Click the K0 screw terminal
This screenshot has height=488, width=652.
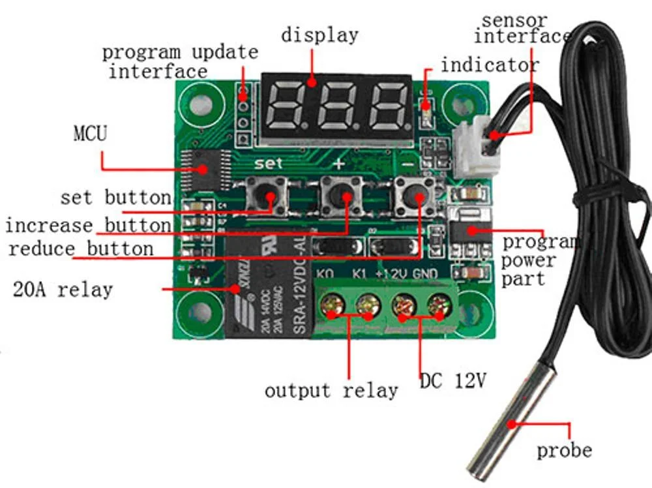coord(333,305)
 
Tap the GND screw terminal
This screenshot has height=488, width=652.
coord(439,305)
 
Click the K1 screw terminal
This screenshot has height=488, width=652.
coord(368,305)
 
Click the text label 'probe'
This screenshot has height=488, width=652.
coord(564,450)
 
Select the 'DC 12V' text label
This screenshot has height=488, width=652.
coord(452,380)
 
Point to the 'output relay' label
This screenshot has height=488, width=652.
coord(331,391)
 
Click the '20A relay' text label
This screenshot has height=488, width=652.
coord(63,289)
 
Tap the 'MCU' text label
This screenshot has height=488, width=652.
coord(90,134)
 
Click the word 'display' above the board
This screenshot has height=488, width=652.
coord(319,35)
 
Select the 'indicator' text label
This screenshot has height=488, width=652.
coord(490,65)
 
